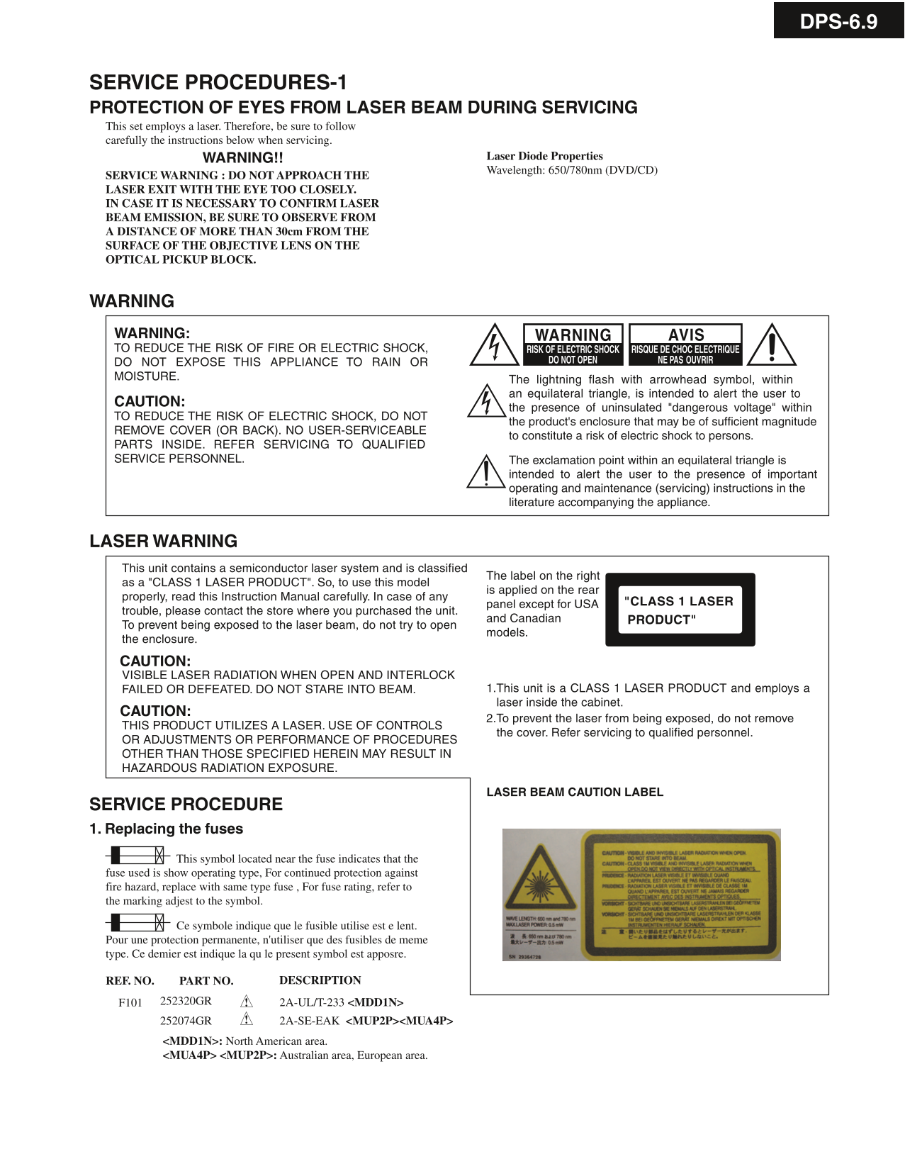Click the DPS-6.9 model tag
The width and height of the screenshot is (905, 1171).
tap(838, 21)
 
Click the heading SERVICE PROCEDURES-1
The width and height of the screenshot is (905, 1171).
tap(218, 82)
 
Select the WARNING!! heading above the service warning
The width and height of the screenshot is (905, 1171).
tap(242, 157)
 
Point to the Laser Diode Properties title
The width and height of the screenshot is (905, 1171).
tap(544, 156)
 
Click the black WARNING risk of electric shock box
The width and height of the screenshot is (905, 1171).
tap(573, 344)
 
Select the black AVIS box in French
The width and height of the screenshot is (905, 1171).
tap(685, 344)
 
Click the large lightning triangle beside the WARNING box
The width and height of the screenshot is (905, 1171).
tap(495, 346)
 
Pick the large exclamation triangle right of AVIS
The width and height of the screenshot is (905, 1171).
tap(772, 346)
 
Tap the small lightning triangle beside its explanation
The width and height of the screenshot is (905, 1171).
tap(486, 402)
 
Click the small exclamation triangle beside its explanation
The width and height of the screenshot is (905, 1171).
tap(486, 473)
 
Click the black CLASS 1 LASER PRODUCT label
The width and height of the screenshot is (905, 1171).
tap(680, 610)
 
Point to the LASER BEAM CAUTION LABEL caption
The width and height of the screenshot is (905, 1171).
tap(575, 792)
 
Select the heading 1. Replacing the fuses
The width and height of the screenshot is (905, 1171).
tap(166, 829)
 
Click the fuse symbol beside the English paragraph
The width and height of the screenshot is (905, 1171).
tap(138, 855)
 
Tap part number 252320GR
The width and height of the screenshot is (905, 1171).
tap(186, 1001)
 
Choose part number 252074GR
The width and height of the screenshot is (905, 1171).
tap(186, 1021)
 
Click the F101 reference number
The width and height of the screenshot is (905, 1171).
tap(130, 1002)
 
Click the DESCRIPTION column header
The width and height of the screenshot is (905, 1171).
tap(320, 980)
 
